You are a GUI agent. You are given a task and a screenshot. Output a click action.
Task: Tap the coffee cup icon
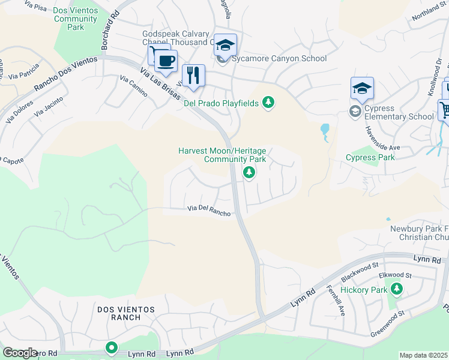[165, 60]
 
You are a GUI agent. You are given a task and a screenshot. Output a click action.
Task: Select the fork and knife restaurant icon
[193, 75]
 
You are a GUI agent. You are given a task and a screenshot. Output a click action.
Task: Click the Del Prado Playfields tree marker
[268, 103]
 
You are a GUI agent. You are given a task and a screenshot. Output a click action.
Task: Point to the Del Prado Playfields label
[220, 103]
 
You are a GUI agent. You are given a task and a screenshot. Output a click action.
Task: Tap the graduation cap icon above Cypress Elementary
[362, 89]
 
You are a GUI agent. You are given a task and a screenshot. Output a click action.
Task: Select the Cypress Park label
[370, 158]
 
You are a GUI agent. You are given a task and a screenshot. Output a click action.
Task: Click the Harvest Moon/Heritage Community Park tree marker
[249, 173]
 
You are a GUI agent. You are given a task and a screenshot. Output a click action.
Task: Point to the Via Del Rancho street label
[209, 211]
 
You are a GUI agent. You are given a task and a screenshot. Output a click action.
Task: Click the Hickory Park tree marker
[396, 290]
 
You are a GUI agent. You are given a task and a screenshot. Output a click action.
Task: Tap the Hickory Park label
[363, 290]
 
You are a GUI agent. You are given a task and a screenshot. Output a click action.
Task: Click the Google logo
[20, 352]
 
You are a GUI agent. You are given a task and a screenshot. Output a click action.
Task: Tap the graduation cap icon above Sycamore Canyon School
[225, 45]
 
